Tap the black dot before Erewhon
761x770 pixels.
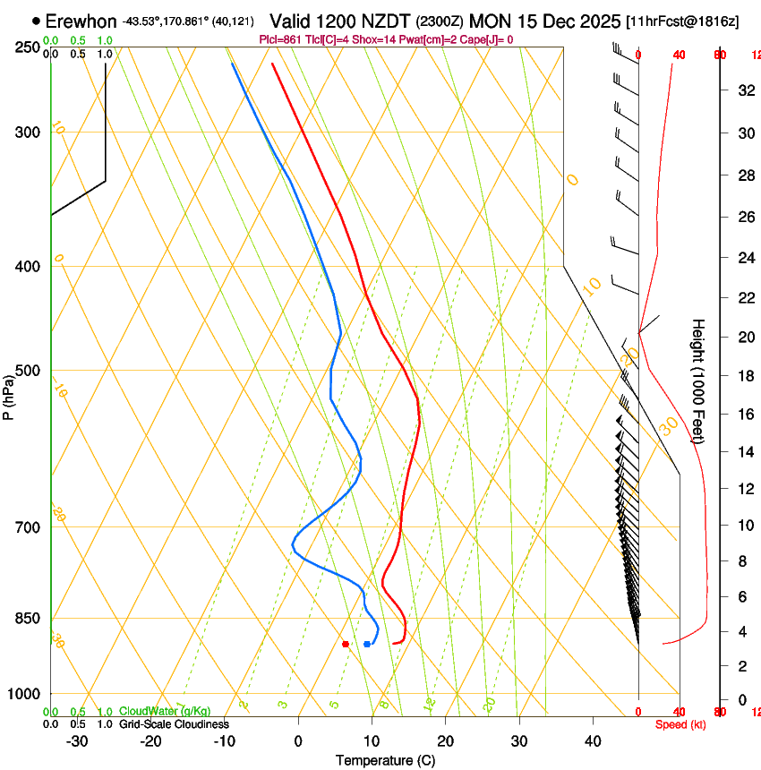(x=36, y=20)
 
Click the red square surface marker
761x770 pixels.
(x=346, y=644)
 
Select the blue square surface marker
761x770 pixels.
(x=367, y=644)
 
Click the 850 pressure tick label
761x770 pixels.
(x=29, y=619)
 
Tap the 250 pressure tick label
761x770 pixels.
(x=29, y=47)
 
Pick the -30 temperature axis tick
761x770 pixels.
(x=77, y=741)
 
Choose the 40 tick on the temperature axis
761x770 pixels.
(x=593, y=741)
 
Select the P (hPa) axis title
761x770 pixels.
(x=8, y=395)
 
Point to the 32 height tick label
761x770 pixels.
(x=742, y=90)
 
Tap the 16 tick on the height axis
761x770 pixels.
(x=742, y=414)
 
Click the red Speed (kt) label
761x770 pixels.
(x=680, y=724)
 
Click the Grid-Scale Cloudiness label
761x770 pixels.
(x=172, y=723)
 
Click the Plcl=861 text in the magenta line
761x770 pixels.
(x=282, y=39)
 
